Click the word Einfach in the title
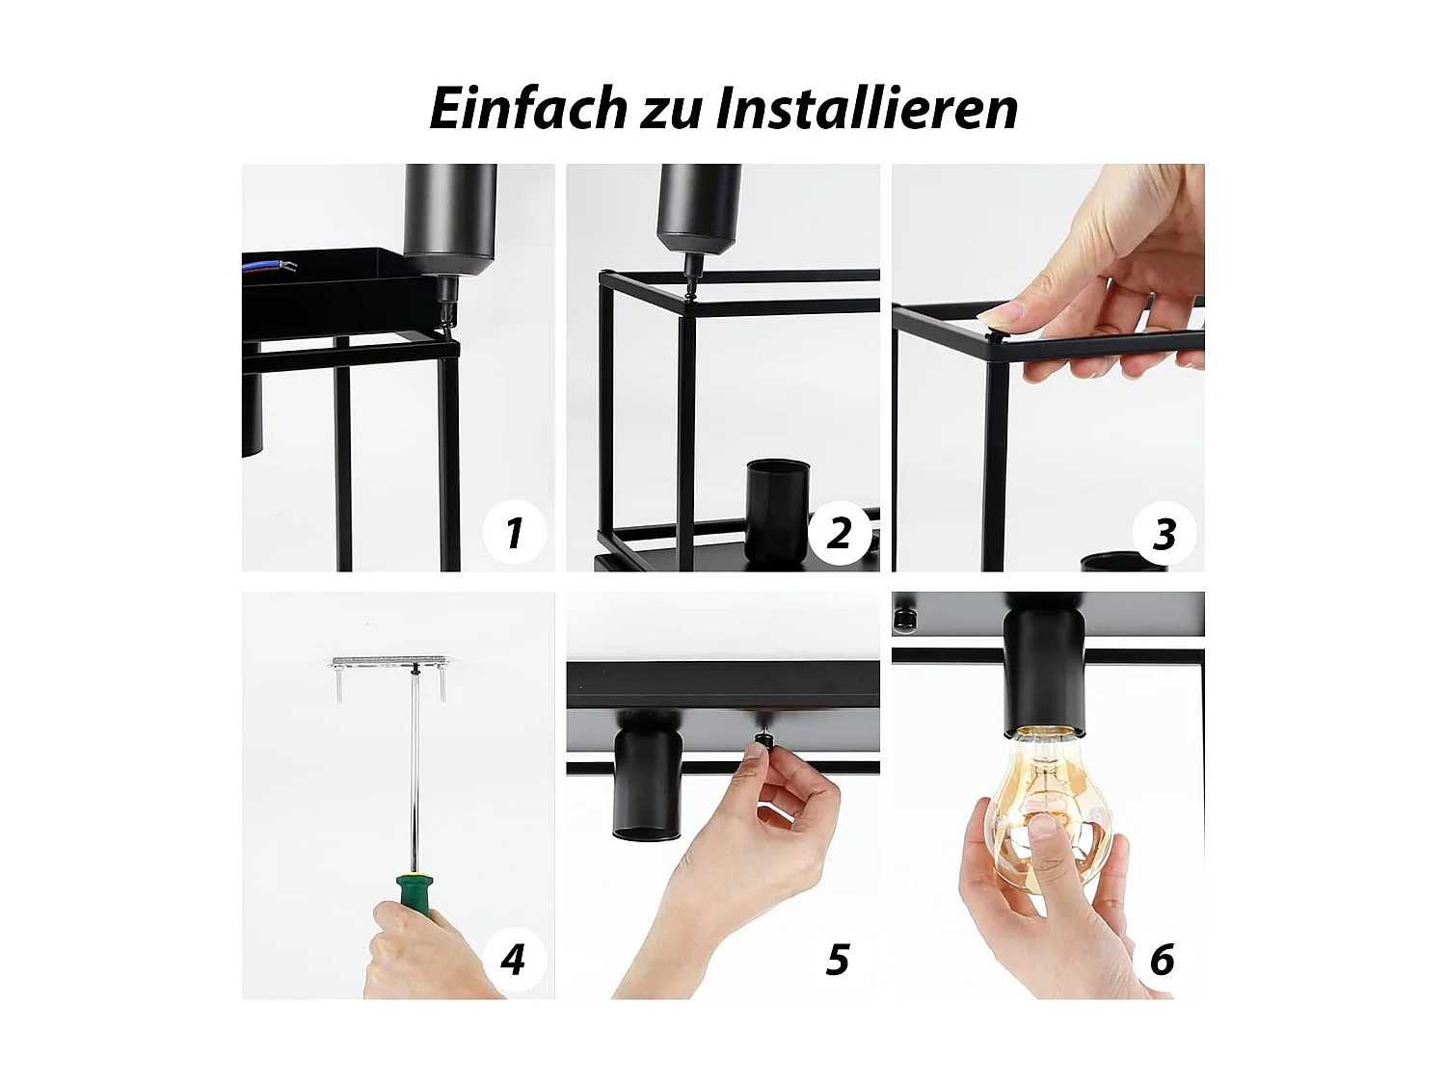point(527,108)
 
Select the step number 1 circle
point(513,532)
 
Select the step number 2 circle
point(839,532)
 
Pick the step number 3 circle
point(1164,533)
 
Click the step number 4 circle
point(513,959)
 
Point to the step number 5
point(838,960)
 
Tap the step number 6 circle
point(1163,960)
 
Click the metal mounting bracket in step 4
point(390,663)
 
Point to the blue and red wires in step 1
point(272,265)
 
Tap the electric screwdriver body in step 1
point(449,217)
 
